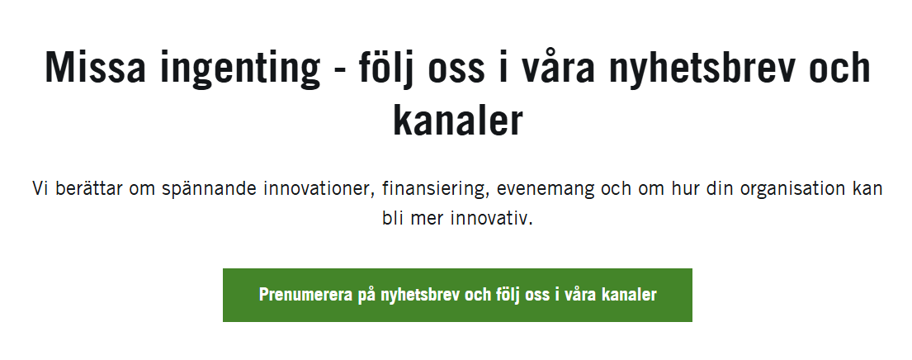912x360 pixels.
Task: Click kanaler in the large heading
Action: [x=457, y=121]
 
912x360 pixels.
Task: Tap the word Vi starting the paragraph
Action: [x=40, y=188]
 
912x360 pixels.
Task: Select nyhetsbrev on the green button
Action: [x=419, y=295]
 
